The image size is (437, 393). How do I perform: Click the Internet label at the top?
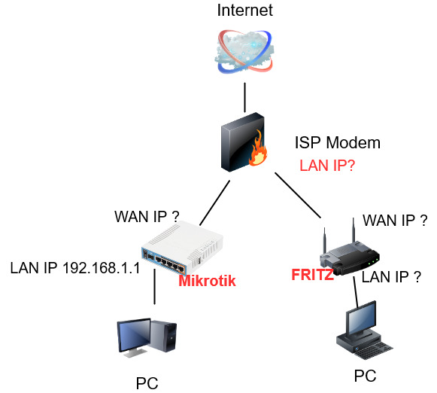[x=244, y=11]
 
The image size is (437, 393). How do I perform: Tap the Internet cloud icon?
[x=244, y=52]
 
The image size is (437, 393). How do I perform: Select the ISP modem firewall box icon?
[x=243, y=142]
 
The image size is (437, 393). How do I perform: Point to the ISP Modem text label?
[x=338, y=143]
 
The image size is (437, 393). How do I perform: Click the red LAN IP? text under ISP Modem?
[x=327, y=166]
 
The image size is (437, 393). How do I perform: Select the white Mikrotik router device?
[x=182, y=247]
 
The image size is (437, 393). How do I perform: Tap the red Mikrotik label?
[x=207, y=281]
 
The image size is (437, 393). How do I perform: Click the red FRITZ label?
[x=312, y=275]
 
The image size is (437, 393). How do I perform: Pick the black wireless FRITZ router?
[x=350, y=251]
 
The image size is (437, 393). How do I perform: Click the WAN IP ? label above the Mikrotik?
[x=147, y=216]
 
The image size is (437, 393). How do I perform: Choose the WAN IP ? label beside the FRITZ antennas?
[x=395, y=221]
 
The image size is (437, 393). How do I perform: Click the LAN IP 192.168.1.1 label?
[x=75, y=268]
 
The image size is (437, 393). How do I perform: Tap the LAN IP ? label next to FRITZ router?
[x=391, y=277]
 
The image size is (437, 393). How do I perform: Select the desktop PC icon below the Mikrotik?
[x=147, y=338]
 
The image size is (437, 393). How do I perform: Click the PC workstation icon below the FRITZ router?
[x=364, y=331]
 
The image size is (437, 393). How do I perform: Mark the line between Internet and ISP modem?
[x=245, y=97]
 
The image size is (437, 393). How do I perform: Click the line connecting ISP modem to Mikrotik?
[x=215, y=203]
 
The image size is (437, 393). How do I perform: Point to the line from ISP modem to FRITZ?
[x=298, y=195]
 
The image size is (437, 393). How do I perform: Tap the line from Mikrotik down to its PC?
[x=155, y=286]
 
